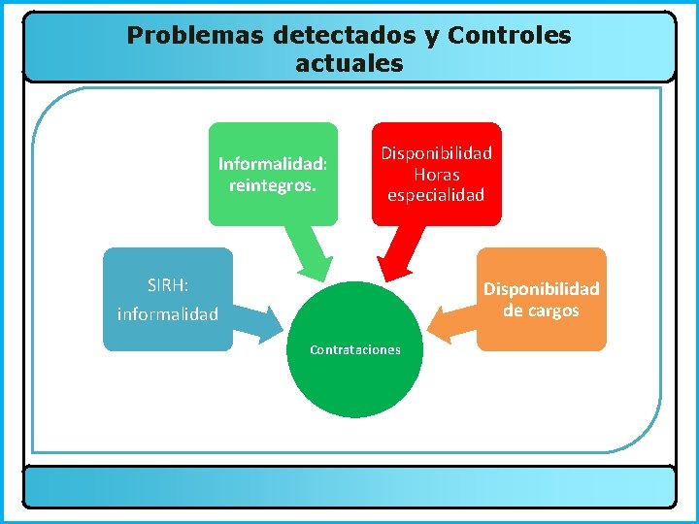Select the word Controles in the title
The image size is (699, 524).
click(x=510, y=36)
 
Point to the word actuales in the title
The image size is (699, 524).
click(x=349, y=65)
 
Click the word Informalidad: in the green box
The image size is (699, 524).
click(x=273, y=163)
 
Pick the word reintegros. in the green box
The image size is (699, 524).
click(x=273, y=184)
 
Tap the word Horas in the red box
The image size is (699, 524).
click(x=436, y=175)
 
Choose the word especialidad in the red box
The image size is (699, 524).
click(x=436, y=195)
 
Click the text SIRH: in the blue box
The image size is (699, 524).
click(x=168, y=285)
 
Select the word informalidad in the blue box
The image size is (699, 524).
click(x=168, y=314)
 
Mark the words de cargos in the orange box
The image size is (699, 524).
click(x=541, y=311)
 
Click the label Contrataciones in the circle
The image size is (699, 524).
click(x=354, y=349)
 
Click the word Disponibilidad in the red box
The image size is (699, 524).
click(x=436, y=153)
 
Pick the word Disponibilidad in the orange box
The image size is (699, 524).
click(x=541, y=289)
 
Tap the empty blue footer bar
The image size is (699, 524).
click(x=349, y=486)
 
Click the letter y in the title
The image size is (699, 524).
click(x=432, y=37)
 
